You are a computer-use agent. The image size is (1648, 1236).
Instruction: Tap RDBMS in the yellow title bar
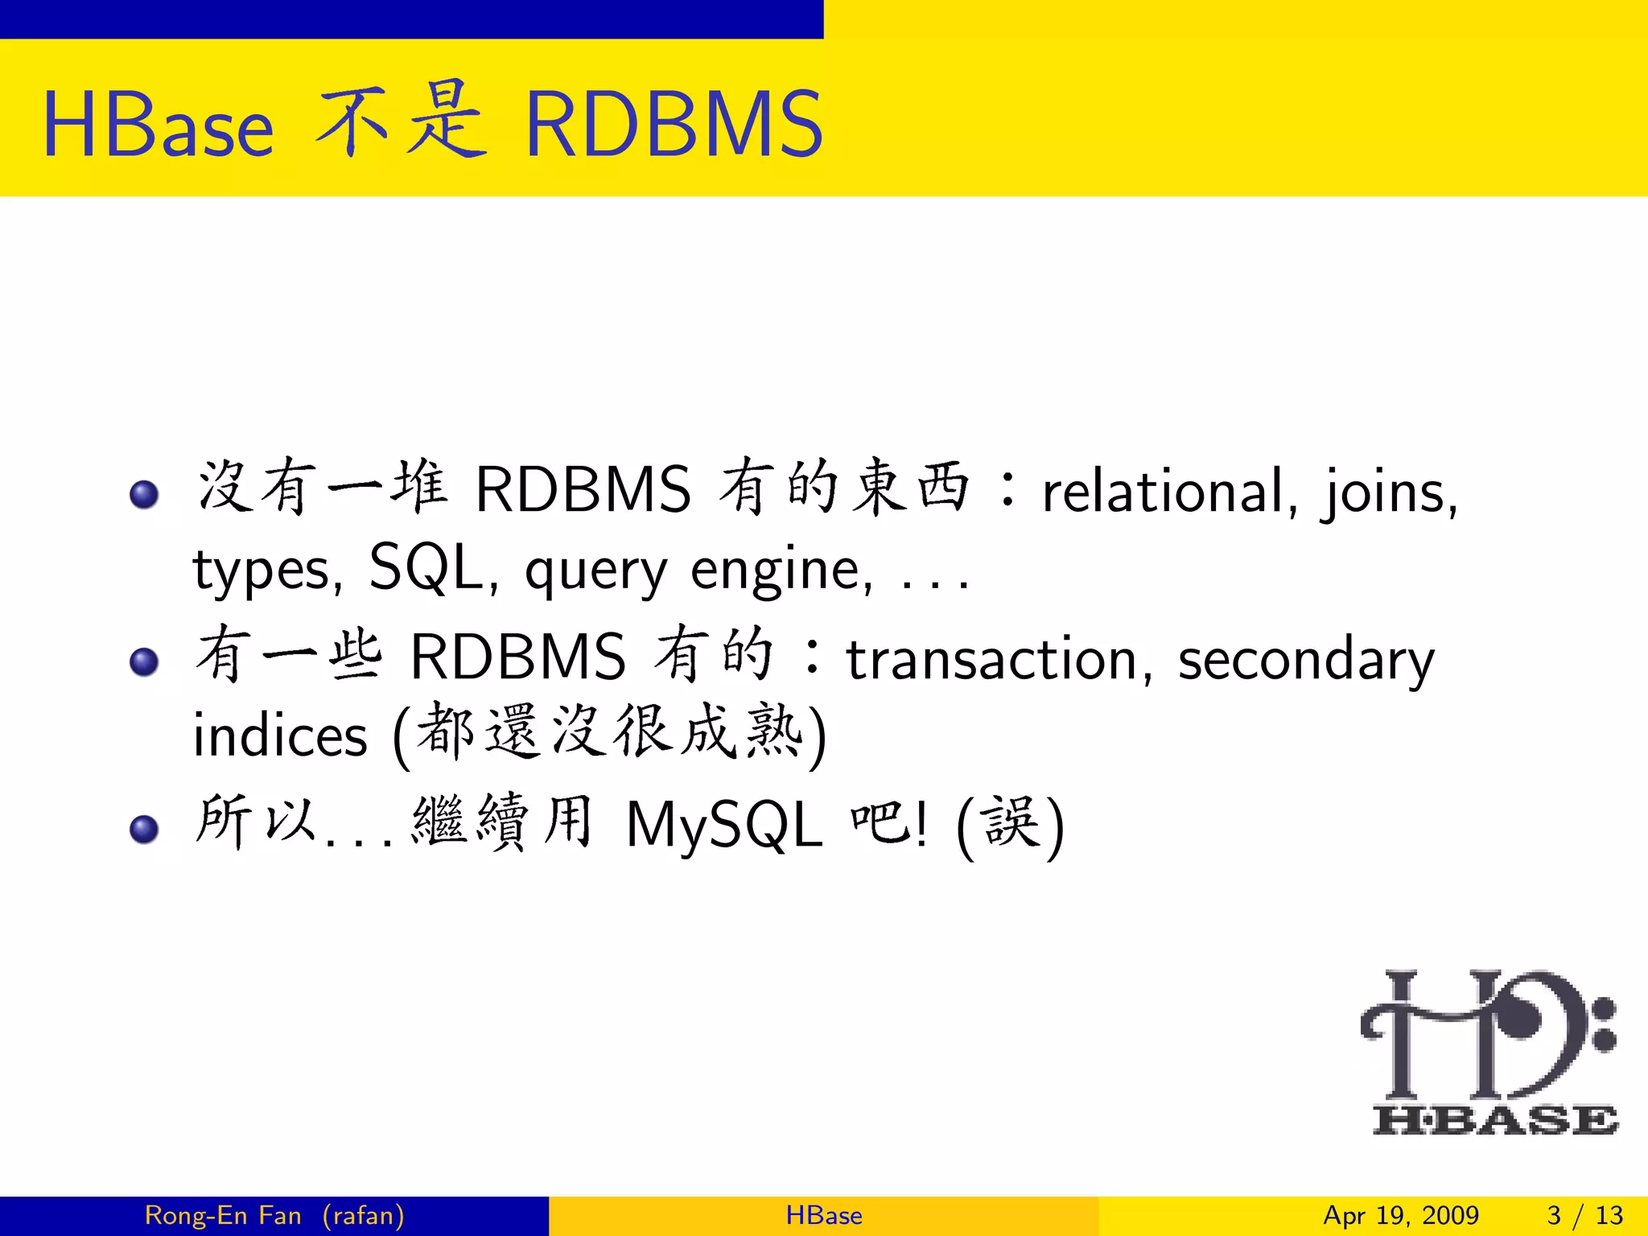click(x=674, y=125)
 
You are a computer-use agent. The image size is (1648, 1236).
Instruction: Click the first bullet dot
click(x=144, y=494)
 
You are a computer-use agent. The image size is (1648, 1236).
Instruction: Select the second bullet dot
click(x=144, y=662)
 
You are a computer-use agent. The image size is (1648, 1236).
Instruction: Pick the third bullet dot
click(x=144, y=829)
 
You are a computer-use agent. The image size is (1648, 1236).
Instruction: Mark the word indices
click(x=280, y=735)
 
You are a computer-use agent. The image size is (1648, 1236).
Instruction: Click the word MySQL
click(x=724, y=826)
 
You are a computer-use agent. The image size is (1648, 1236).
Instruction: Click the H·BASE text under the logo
click(x=1495, y=1120)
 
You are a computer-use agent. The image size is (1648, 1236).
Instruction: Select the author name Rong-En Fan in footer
click(x=223, y=1215)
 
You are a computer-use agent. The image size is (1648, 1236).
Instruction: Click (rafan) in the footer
click(x=363, y=1215)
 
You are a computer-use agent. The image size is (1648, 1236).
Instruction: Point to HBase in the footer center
click(x=824, y=1215)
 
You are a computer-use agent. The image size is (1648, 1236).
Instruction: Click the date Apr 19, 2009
click(x=1401, y=1215)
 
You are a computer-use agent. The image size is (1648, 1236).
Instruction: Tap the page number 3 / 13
click(x=1584, y=1215)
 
